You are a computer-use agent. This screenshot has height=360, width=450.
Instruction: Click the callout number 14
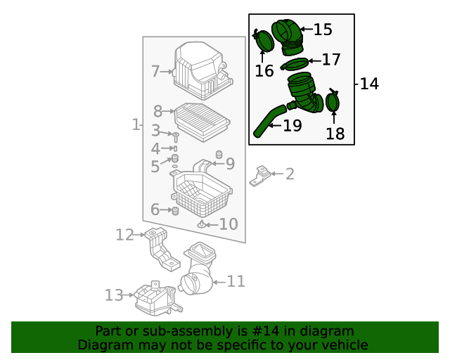tap(369, 84)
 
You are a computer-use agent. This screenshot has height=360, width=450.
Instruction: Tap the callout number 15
tap(322, 30)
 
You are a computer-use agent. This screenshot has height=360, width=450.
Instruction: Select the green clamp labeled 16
tap(264, 41)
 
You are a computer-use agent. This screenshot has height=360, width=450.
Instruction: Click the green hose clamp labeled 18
tap(333, 101)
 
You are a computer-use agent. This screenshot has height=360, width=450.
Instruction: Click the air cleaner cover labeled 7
tap(202, 71)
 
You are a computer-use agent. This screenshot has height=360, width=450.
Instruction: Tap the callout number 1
tap(136, 124)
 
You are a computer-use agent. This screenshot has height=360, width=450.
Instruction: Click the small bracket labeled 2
tap(261, 174)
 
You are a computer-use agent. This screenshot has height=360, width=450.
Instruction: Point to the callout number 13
tap(114, 295)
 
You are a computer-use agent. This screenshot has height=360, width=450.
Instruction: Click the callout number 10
tap(229, 224)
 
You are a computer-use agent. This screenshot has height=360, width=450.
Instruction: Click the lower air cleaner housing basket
tap(201, 193)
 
